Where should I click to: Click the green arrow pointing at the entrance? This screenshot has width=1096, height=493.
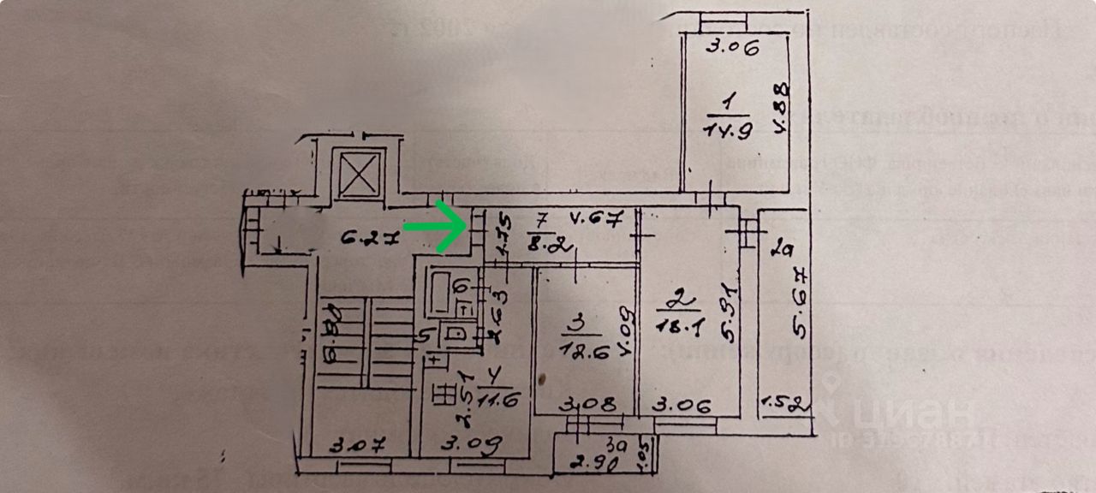(x=435, y=228)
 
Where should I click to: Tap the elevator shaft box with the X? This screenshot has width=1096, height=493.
(x=359, y=175)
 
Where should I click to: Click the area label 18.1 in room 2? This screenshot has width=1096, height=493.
(x=675, y=324)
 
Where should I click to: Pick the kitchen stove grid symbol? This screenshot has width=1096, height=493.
(x=444, y=394)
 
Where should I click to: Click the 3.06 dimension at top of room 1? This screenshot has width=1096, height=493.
(x=732, y=48)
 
